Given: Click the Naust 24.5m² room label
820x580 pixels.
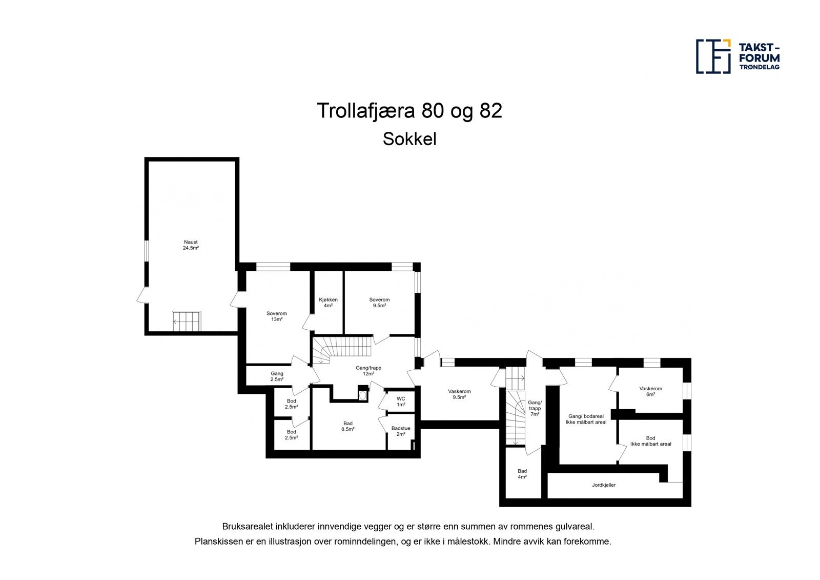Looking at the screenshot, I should (191, 245).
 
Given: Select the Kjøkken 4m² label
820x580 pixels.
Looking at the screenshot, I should (328, 303).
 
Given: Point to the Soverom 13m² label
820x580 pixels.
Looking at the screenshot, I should (277, 316).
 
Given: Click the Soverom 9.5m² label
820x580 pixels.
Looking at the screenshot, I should (379, 303).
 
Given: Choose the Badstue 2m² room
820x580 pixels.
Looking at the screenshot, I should (401, 431).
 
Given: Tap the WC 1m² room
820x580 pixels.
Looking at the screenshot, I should (401, 402).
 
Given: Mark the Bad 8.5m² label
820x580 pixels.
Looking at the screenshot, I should (348, 427).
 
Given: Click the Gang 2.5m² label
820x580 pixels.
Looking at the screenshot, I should (277, 376).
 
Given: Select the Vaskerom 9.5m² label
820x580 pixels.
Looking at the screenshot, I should (459, 394).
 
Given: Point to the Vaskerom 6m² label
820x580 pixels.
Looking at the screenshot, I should (650, 391).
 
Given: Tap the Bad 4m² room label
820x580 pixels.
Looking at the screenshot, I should (522, 474).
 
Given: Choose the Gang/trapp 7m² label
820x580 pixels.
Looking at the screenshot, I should (535, 408).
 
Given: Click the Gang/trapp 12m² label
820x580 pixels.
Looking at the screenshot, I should (368, 370).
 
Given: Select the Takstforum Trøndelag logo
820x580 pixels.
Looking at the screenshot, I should (738, 55).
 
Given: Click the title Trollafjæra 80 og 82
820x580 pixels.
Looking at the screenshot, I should (409, 111).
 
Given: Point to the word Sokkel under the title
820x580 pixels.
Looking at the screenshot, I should (409, 139).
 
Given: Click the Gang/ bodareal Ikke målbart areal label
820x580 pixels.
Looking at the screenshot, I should (586, 419).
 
